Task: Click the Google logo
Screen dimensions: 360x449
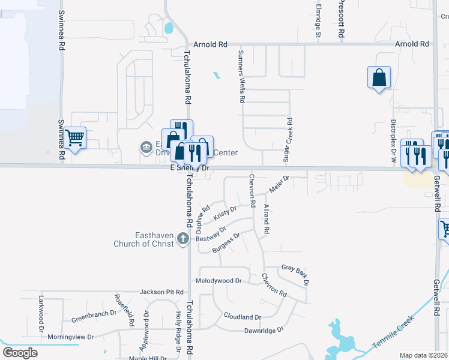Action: [20, 353]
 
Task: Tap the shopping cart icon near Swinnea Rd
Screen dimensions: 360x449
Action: [75, 138]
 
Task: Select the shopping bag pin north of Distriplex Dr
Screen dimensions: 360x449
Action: [379, 77]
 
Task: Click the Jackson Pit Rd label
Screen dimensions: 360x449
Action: [161, 292]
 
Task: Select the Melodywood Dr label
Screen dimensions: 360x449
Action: [218, 281]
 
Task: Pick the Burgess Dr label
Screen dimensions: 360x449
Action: [226, 242]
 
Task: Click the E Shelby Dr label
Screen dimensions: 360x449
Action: [190, 169]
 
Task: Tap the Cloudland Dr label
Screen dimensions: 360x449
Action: [243, 317]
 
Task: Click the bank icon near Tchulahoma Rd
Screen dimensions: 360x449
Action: [146, 147]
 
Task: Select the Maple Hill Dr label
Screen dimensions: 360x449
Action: [149, 358]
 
